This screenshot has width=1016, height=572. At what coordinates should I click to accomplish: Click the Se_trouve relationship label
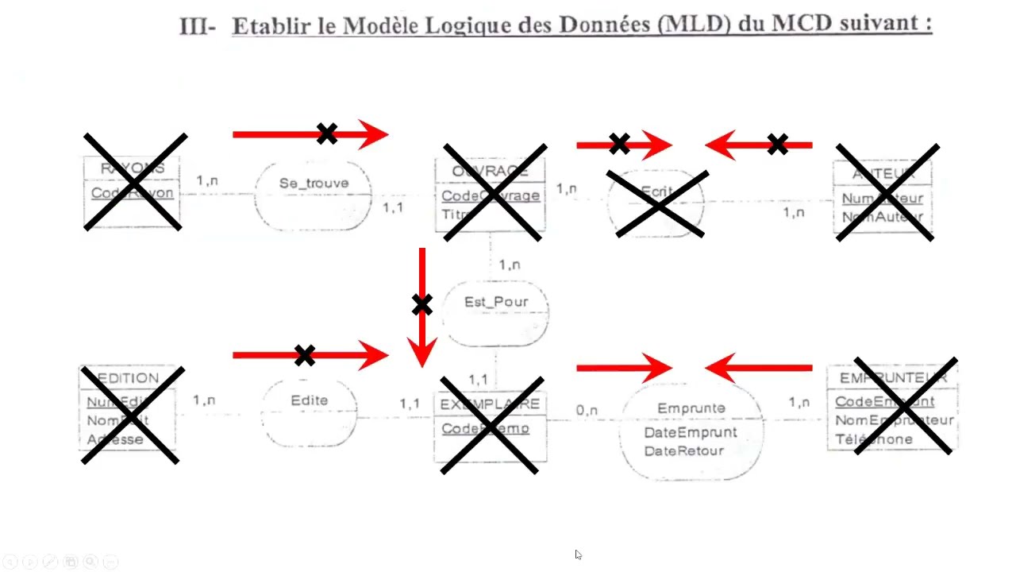(314, 184)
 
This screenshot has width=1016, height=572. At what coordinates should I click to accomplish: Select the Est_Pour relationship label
(496, 302)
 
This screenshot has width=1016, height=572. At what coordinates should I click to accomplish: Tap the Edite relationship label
(309, 400)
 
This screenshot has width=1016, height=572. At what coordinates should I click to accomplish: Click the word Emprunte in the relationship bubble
(691, 408)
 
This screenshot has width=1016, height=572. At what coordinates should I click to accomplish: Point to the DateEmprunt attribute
(690, 432)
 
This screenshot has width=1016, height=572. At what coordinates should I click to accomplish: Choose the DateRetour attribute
(683, 450)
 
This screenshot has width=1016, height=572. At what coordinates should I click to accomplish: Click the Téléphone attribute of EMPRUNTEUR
(873, 439)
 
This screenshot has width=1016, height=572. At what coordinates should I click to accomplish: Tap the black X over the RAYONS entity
(134, 182)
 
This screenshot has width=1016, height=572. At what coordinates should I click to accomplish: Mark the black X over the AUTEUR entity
(887, 191)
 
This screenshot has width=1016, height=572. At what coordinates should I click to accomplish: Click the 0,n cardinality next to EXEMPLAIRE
(587, 411)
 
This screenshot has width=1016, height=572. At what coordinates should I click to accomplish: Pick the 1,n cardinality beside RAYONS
(207, 180)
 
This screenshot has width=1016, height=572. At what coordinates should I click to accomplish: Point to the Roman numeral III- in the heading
(198, 25)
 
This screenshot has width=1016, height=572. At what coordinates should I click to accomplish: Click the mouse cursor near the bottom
(578, 555)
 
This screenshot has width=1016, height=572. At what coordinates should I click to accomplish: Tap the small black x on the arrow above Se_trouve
(326, 133)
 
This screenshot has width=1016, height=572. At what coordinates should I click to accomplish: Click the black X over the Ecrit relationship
(657, 204)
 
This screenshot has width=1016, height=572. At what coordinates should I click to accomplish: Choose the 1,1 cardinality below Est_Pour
(479, 380)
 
